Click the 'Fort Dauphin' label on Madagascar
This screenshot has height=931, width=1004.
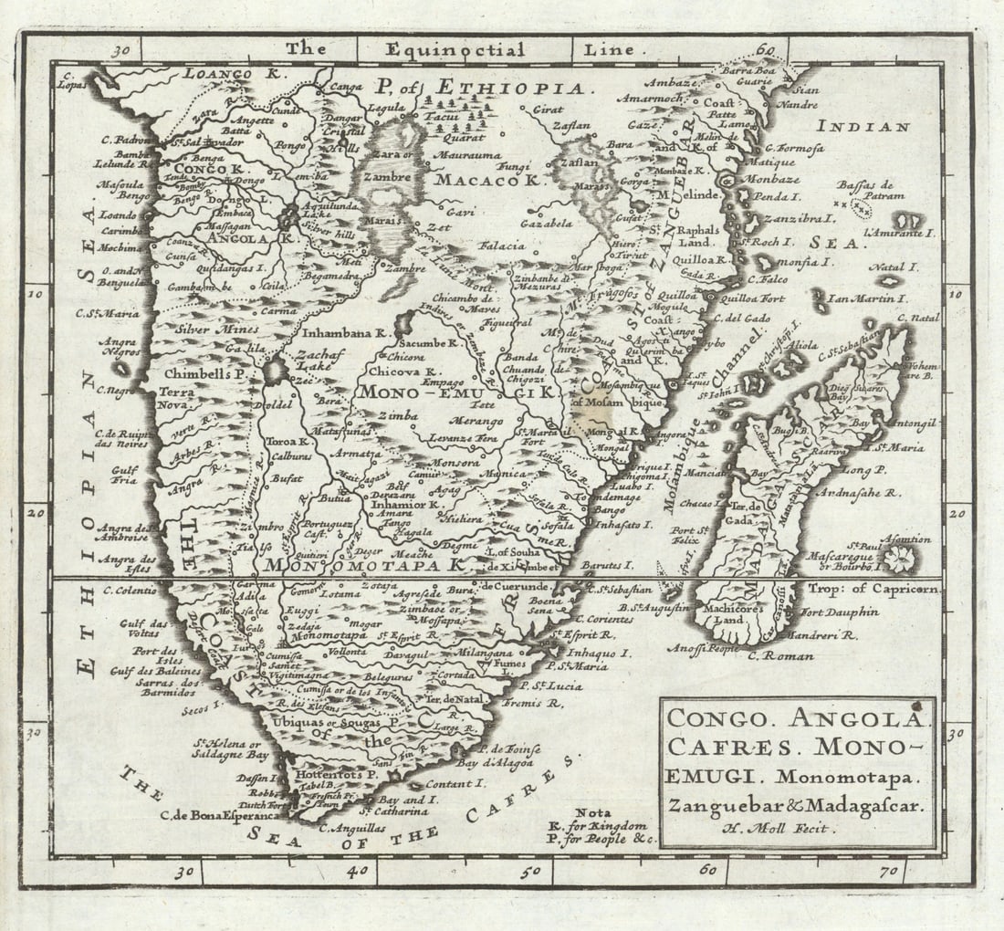(840, 612)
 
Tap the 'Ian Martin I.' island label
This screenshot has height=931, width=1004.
(866, 298)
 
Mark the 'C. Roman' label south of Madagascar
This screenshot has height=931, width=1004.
(774, 654)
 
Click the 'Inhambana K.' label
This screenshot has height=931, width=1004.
(344, 333)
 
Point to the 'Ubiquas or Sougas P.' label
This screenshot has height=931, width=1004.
(324, 722)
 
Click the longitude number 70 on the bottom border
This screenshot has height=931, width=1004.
(886, 871)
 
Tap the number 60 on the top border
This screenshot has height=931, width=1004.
(765, 51)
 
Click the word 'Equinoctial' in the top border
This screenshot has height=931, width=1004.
(455, 50)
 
